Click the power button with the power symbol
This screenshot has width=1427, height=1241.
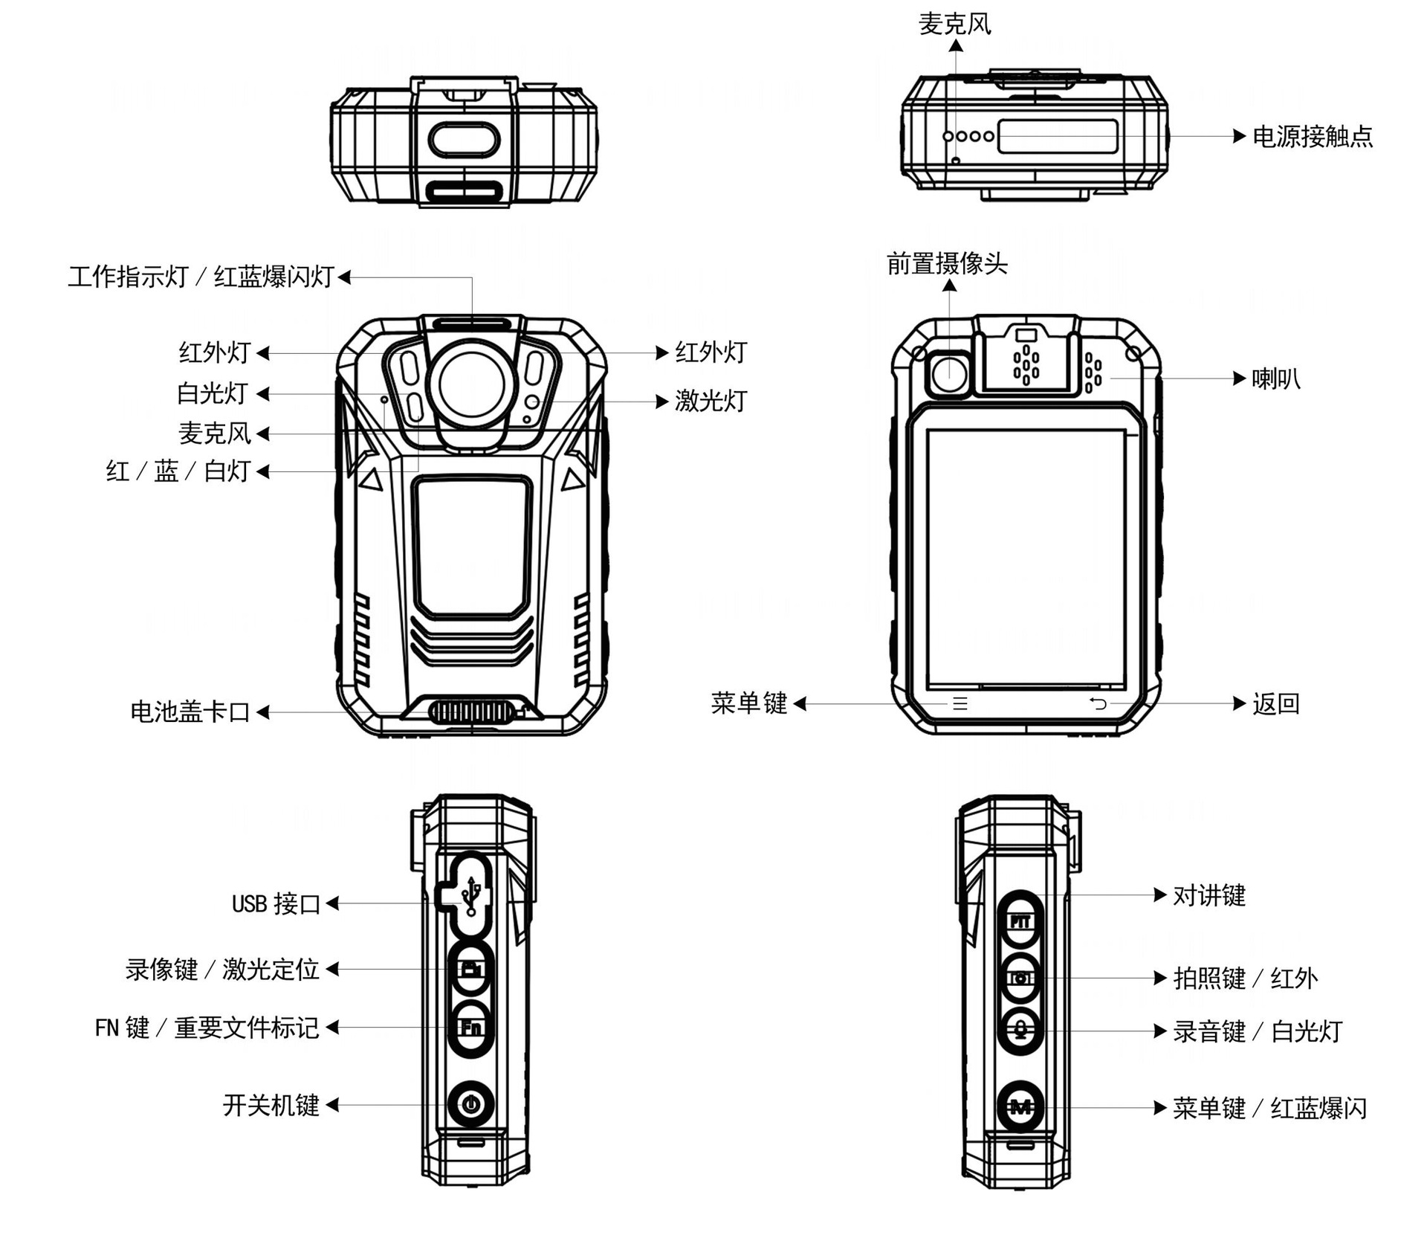coord(470,1104)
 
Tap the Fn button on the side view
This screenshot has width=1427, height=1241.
coord(471,1028)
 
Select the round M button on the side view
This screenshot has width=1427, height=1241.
coord(1020,1108)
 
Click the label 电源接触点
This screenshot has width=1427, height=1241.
coord(1312,137)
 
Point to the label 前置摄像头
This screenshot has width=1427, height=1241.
coord(946,264)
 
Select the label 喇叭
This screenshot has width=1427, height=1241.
coord(1275,379)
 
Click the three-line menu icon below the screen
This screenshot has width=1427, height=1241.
coord(960,703)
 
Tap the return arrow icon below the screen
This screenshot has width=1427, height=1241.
coord(1098,703)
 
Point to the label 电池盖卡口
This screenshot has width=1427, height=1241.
coord(190,712)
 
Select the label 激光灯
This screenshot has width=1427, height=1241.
coord(710,402)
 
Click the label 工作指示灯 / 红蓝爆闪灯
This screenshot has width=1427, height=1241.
coord(201,277)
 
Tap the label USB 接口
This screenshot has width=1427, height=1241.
coord(276,904)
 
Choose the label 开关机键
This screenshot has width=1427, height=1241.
coord(271,1106)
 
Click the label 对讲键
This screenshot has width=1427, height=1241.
coord(1208,896)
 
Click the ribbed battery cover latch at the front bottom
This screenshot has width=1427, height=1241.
coord(471,712)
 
